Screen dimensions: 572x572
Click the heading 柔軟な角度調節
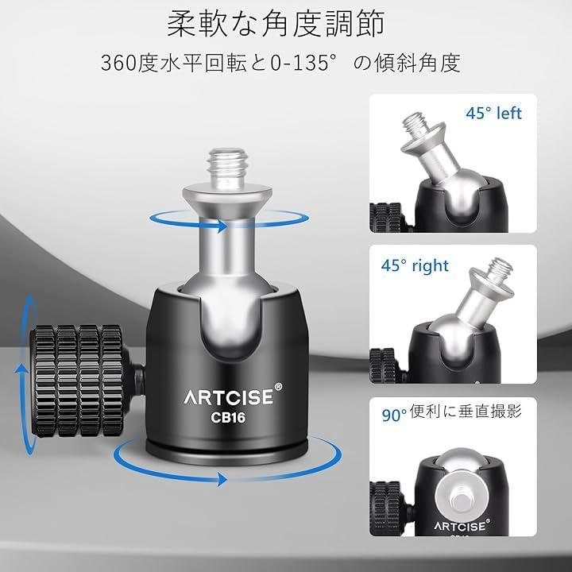[276, 23]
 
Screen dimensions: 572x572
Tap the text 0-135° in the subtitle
[303, 63]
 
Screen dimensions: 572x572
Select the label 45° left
[493, 113]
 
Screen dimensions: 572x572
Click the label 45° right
[415, 265]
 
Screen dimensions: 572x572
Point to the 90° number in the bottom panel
[394, 415]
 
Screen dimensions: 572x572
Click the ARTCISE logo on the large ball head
[229, 398]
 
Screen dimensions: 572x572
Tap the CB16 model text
[228, 418]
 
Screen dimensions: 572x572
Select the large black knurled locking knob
[80, 381]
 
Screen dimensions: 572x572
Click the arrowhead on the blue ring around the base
[222, 478]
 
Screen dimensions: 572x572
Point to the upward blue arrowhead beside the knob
[22, 369]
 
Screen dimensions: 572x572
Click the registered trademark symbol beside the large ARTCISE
[278, 387]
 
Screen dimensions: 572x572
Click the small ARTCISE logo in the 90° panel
[460, 527]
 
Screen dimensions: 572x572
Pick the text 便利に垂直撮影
[466, 412]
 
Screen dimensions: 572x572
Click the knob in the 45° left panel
[386, 218]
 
